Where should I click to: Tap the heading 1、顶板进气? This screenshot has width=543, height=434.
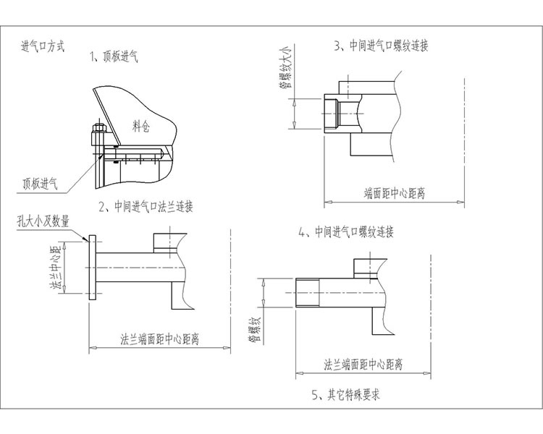(x=116, y=55)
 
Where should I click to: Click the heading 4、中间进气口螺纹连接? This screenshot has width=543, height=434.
(x=345, y=232)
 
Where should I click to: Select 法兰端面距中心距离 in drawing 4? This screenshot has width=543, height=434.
(x=363, y=364)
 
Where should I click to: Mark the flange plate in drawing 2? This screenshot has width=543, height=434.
(x=90, y=268)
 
